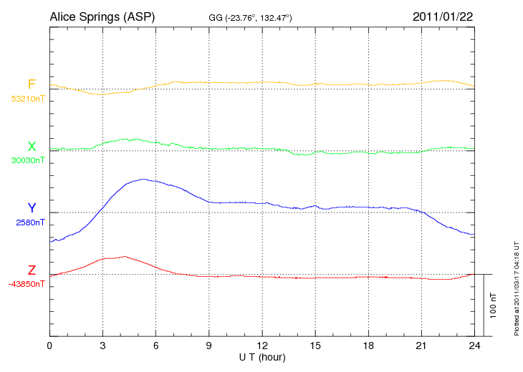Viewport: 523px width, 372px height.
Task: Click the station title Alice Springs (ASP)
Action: click(x=102, y=16)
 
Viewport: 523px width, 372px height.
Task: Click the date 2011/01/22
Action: click(x=443, y=16)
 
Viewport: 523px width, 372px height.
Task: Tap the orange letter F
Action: click(x=32, y=85)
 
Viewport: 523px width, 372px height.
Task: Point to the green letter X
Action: click(x=32, y=147)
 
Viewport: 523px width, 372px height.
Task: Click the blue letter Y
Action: click(x=32, y=208)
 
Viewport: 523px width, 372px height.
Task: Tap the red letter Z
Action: click(x=32, y=270)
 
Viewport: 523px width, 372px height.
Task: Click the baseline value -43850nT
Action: click(x=27, y=284)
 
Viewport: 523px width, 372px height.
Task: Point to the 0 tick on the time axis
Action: click(x=49, y=346)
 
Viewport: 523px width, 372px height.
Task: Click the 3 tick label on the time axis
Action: click(x=102, y=346)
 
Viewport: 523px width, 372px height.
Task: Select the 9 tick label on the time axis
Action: click(x=208, y=346)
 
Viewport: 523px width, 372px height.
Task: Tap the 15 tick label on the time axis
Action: click(x=315, y=346)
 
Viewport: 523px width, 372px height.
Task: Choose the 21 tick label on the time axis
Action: click(x=421, y=346)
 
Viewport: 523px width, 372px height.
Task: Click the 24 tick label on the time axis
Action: click(x=474, y=346)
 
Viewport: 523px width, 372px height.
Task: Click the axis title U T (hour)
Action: click(x=261, y=357)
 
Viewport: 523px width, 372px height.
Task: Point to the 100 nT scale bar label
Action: click(x=494, y=305)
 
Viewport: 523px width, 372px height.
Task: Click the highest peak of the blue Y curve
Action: click(x=143, y=179)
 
